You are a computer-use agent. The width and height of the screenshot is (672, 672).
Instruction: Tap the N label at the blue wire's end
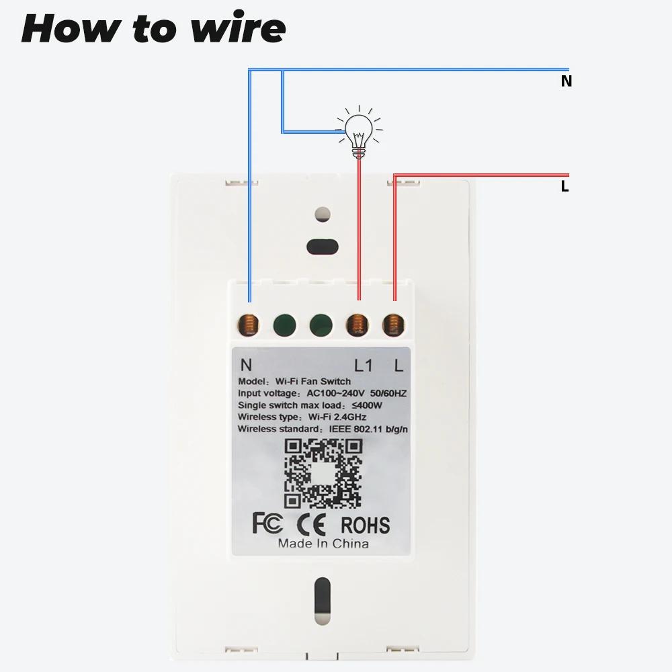click(566, 81)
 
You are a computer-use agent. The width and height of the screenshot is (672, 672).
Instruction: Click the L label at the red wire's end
click(565, 187)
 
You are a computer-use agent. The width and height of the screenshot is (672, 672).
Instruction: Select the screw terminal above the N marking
click(249, 325)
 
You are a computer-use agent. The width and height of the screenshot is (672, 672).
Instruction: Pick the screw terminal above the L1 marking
click(358, 325)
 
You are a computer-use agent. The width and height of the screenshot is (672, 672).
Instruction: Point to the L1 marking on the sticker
click(363, 366)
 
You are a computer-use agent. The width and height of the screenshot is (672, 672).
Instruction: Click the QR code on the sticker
click(323, 473)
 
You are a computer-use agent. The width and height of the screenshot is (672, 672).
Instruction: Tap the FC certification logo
click(267, 523)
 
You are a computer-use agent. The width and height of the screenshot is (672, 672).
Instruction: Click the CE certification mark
click(312, 523)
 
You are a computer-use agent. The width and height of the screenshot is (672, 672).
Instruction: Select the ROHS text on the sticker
click(365, 523)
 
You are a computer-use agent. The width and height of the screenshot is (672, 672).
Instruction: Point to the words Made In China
click(323, 543)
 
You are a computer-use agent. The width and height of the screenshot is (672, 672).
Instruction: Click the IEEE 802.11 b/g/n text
click(368, 429)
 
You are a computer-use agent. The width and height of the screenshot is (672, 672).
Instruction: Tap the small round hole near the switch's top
click(323, 214)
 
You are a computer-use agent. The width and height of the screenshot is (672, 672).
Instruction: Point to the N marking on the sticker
click(246, 366)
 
